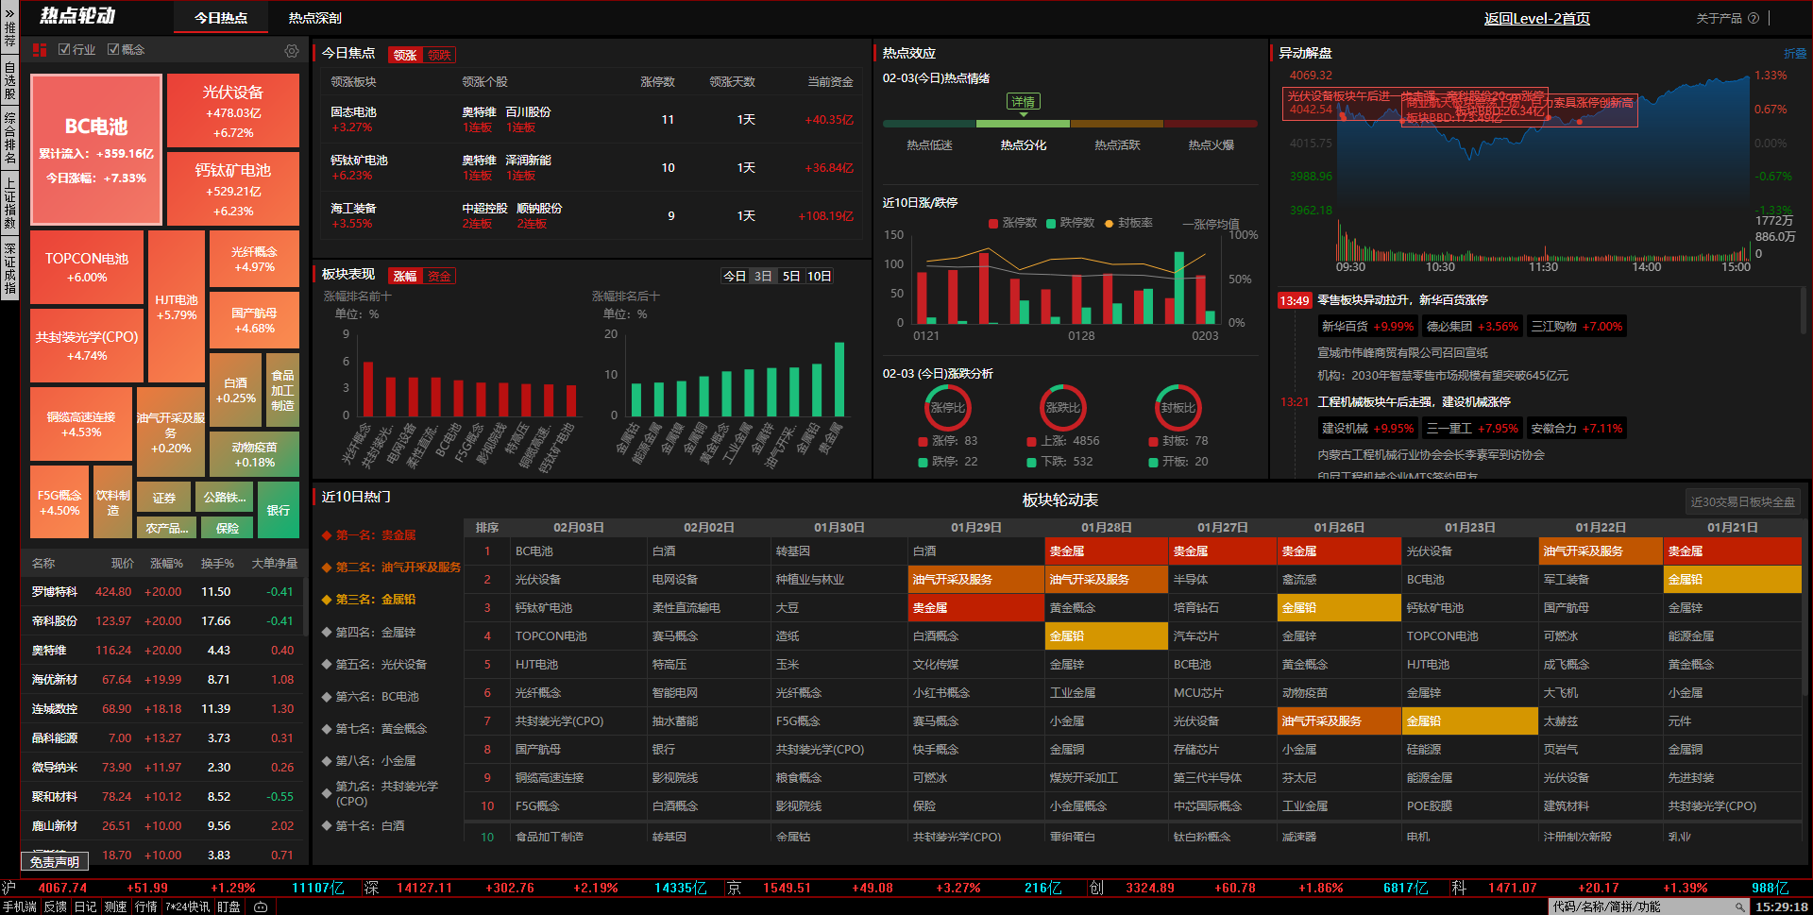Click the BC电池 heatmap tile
pos(96,149)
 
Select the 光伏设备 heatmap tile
pos(233,110)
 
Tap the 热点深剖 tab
pos(314,18)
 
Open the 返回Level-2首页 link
pos(1536,18)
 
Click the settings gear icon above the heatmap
pos(292,51)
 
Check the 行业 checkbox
pos(64,50)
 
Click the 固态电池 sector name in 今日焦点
pos(353,112)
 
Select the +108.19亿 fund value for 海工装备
pos(825,216)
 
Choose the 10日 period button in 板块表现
pos(819,276)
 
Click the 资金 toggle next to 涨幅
pos(439,276)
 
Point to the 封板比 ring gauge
pos(1178,407)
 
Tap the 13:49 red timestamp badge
pos(1294,300)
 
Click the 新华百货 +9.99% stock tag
pos(1366,327)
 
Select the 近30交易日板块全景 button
pos(1742,501)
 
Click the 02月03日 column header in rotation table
pos(578,527)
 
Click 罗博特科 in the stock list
pos(55,592)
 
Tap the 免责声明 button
pos(55,861)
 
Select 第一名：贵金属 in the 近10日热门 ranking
pos(376,535)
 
